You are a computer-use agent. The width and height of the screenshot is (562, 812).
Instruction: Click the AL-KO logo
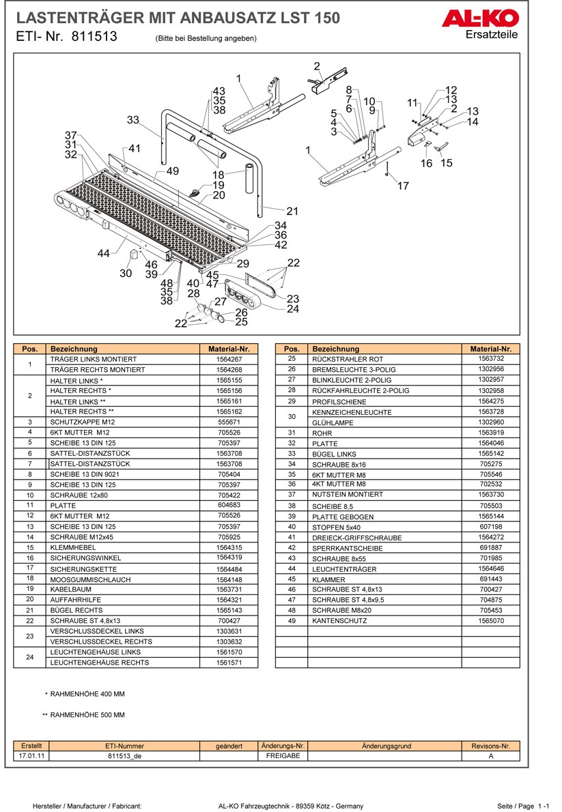tap(480, 19)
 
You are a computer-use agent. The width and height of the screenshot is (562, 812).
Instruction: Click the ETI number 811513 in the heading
tap(94, 38)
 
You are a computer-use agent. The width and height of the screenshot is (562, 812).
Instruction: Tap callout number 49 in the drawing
tap(172, 171)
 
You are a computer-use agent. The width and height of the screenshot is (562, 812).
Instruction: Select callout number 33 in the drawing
tap(133, 120)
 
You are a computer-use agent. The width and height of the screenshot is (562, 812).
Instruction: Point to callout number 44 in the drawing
tap(103, 253)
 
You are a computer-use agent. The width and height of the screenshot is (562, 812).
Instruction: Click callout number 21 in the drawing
tap(292, 211)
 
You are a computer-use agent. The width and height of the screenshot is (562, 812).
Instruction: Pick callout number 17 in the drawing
tap(403, 186)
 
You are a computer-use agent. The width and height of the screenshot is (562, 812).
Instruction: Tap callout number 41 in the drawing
tap(135, 149)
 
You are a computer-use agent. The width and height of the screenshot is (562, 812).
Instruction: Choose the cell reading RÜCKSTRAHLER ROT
tap(348, 359)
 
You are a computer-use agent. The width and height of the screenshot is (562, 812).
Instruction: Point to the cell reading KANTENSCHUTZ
tap(339, 621)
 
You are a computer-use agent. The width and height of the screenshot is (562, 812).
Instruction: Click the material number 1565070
tap(491, 621)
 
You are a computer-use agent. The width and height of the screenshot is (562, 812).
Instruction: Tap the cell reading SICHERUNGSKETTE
tap(83, 569)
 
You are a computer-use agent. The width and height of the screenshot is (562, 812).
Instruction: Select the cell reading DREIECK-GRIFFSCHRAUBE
tap(356, 538)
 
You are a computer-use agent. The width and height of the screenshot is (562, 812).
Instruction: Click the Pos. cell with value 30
tap(291, 417)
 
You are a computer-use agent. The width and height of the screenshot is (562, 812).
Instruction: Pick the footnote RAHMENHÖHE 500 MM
tap(87, 715)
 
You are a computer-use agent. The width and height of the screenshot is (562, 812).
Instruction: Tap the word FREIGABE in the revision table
tap(283, 756)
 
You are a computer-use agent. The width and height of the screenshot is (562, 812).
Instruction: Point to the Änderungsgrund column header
tap(387, 746)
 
